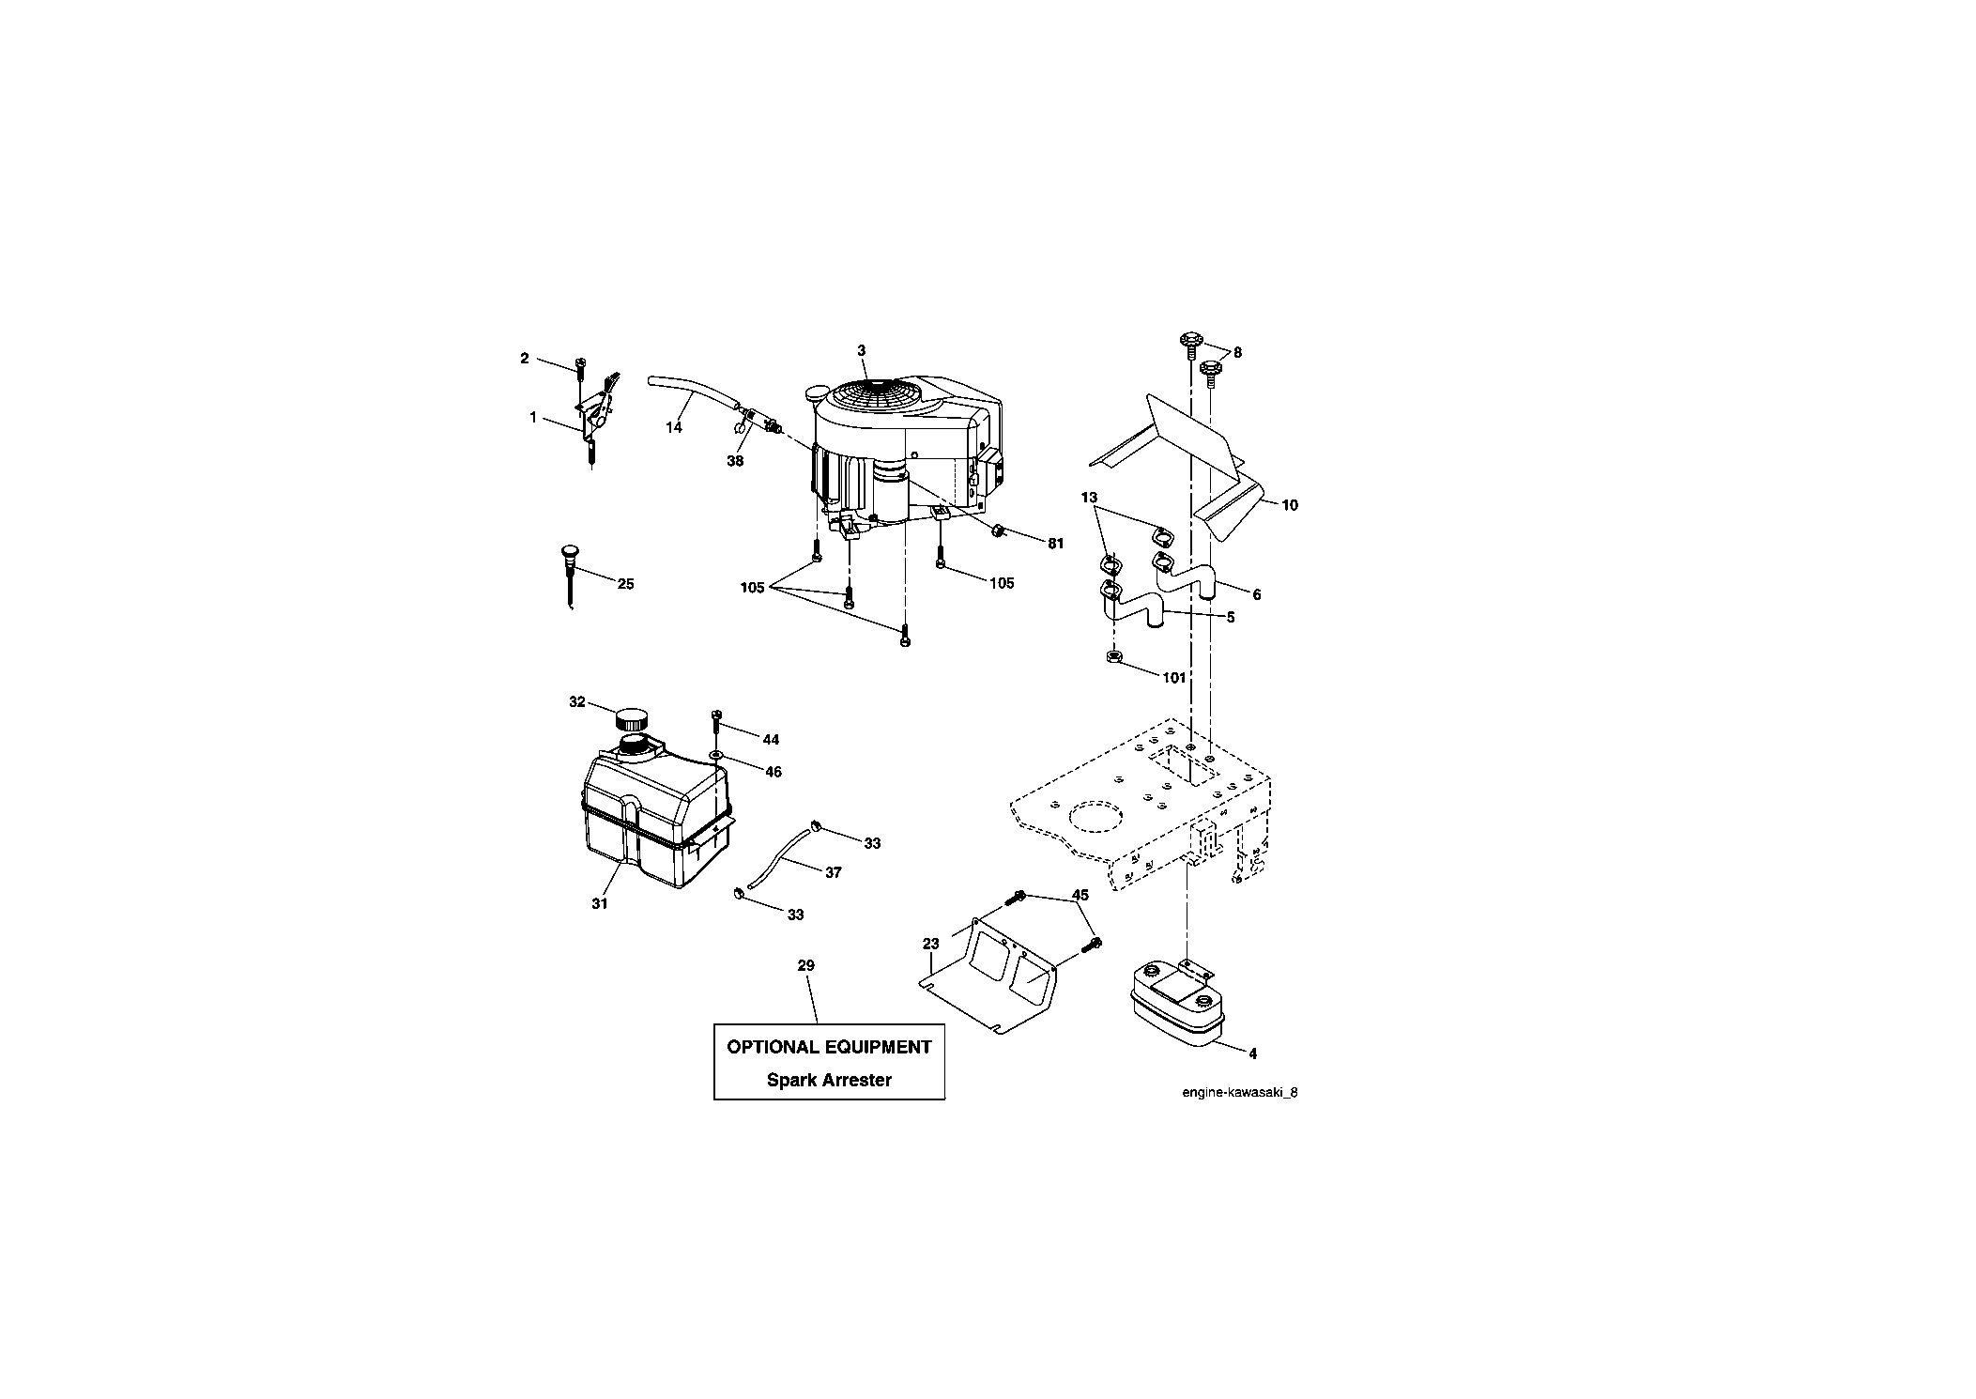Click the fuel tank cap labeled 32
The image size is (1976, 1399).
click(631, 720)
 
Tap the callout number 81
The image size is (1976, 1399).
click(1056, 544)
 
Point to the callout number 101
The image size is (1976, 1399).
click(1174, 678)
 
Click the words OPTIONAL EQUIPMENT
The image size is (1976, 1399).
click(829, 1047)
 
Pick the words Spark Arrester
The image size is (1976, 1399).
click(829, 1080)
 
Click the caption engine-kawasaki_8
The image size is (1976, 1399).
click(1240, 1092)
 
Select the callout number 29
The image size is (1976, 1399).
click(805, 965)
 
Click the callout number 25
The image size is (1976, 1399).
click(625, 584)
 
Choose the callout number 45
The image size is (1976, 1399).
click(1080, 896)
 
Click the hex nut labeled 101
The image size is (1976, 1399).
click(1112, 657)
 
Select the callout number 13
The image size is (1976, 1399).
click(1089, 498)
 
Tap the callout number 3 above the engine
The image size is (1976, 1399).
click(861, 350)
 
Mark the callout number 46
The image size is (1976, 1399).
click(774, 772)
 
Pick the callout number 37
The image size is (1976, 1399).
click(833, 872)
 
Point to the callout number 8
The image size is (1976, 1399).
click(1237, 353)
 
